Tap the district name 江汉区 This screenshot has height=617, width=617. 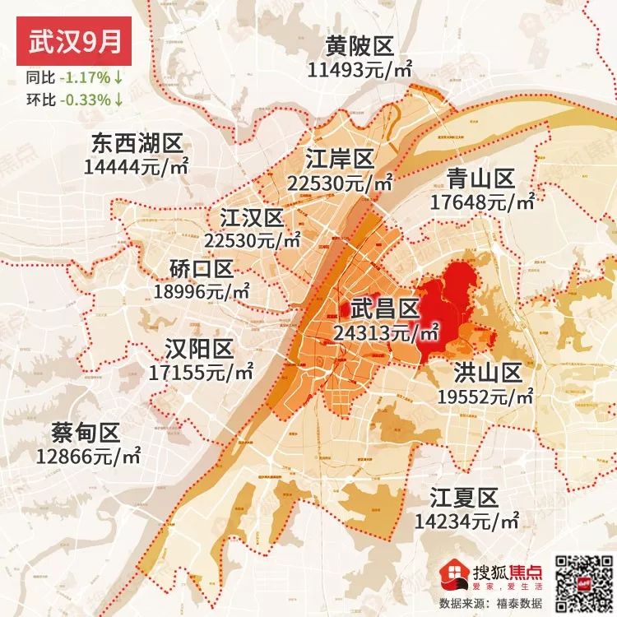pyautogui.click(x=252, y=218)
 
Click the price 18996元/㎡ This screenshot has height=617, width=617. pyautogui.click(x=202, y=290)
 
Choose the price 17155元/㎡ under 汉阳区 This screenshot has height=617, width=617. pyautogui.click(x=202, y=371)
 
